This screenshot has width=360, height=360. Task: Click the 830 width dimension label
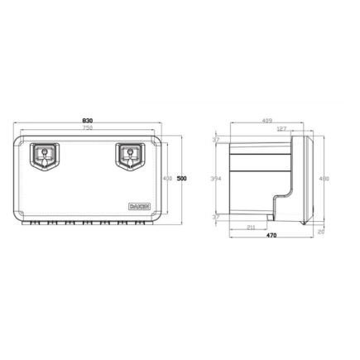coord(87,122)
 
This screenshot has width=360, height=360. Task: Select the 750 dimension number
coord(87,130)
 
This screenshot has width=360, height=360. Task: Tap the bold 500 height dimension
coord(181,178)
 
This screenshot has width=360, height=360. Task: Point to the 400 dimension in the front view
coord(168,178)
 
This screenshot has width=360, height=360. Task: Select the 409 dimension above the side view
coord(266,122)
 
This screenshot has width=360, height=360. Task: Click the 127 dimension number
coord(282,130)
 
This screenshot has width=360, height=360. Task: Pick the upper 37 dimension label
coord(215,140)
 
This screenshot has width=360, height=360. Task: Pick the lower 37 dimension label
coord(215,218)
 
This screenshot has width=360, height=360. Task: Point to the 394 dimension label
coord(214,178)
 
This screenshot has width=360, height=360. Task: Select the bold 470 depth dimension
coord(271,237)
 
